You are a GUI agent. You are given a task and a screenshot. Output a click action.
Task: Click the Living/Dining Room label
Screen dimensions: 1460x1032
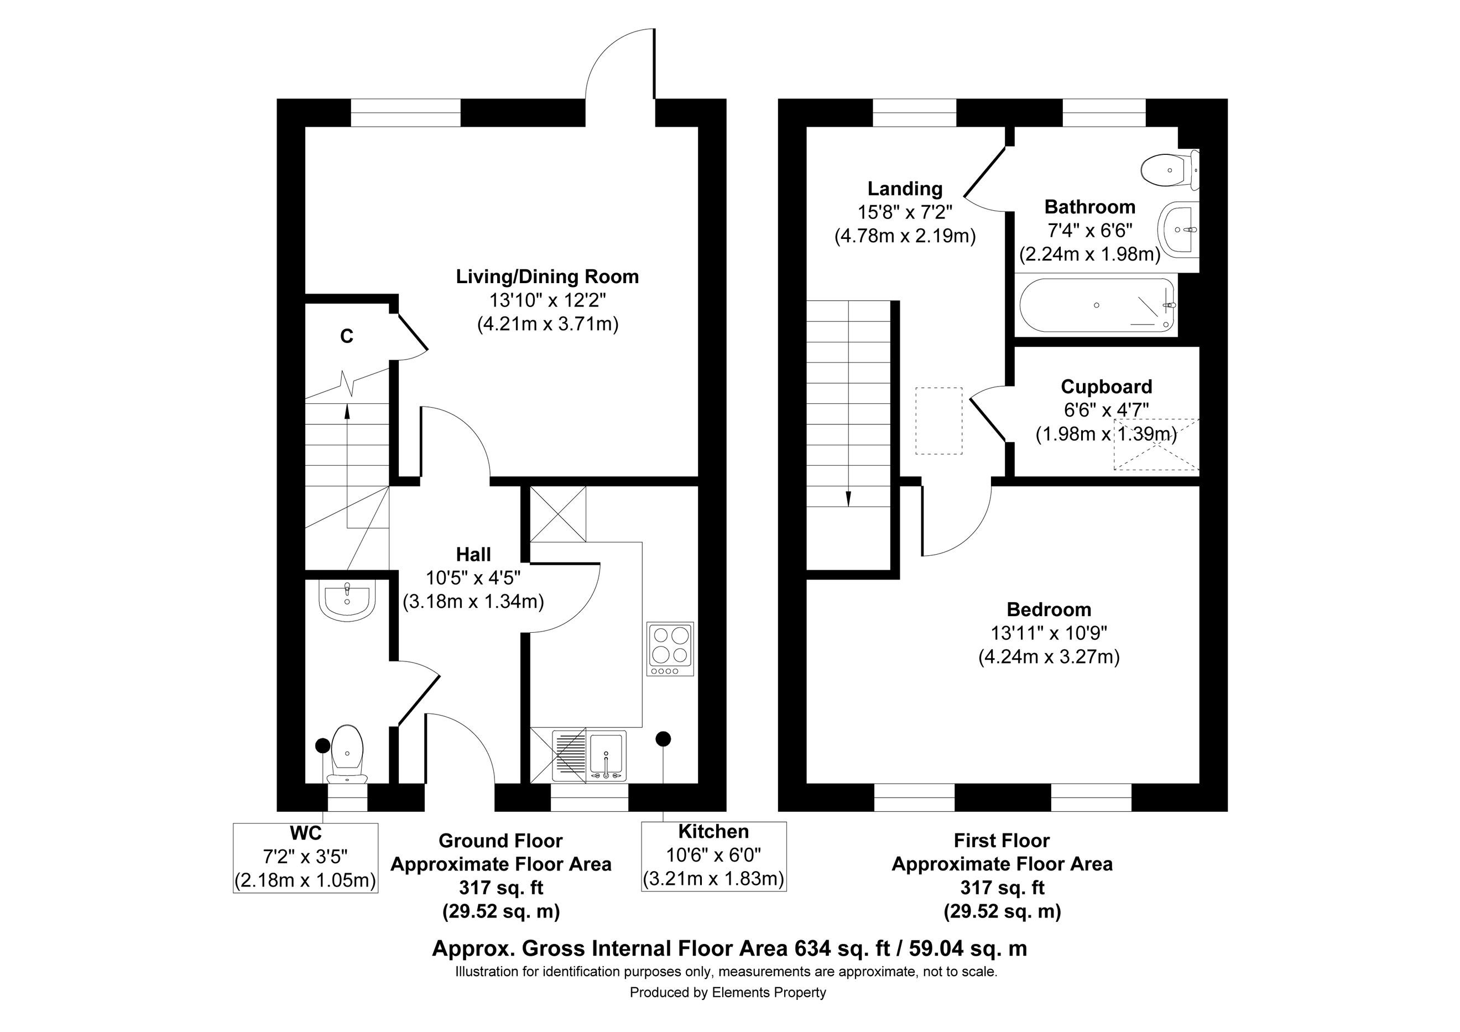click(547, 277)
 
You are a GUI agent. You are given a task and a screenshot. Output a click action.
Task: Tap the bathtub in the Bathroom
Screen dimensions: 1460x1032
click(1096, 305)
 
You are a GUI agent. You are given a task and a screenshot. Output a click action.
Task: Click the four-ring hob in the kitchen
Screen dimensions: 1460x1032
click(670, 649)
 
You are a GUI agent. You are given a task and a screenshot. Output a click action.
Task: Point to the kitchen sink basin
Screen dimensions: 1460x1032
click(607, 755)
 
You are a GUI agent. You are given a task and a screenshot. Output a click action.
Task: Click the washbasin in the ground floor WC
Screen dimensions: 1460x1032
click(347, 600)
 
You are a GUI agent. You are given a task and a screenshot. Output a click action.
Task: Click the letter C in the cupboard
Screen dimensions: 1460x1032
click(347, 336)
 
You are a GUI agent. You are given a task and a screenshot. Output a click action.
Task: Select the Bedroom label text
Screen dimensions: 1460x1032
click(1049, 610)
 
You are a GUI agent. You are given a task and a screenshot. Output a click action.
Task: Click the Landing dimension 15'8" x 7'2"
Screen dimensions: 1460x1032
click(905, 212)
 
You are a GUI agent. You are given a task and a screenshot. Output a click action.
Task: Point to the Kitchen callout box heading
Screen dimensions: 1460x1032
click(713, 832)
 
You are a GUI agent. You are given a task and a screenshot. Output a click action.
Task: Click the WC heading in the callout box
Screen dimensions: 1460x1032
click(306, 833)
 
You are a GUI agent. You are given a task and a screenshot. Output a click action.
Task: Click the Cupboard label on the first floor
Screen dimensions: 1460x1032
click(1107, 387)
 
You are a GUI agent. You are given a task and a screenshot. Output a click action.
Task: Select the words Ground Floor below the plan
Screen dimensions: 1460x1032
click(500, 841)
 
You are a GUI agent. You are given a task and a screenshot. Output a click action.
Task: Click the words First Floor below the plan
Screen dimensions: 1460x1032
click(1002, 841)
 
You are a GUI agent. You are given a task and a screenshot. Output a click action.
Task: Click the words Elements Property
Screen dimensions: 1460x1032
click(769, 993)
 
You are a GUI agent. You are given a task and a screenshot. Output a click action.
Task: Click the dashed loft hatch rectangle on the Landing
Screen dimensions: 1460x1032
click(938, 420)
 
